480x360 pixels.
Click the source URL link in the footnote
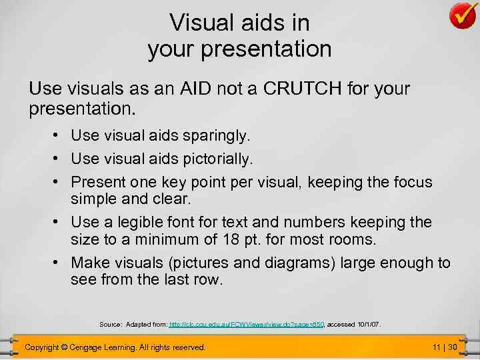[x=246, y=325]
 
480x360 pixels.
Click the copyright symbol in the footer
[x=63, y=347]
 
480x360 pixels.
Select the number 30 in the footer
[x=452, y=347]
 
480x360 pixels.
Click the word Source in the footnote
[x=110, y=325]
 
